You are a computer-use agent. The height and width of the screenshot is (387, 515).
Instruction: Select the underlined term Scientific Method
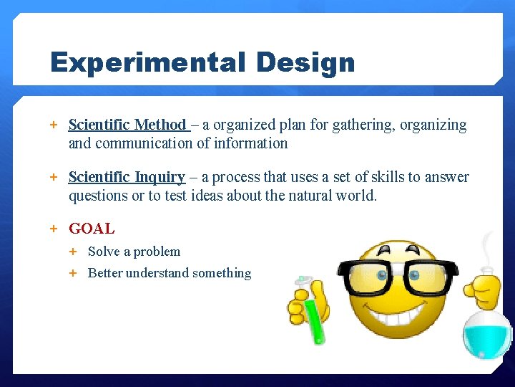127,125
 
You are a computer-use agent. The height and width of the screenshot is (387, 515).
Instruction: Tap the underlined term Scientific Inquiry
127,177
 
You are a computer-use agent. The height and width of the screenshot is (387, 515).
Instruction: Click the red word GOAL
92,229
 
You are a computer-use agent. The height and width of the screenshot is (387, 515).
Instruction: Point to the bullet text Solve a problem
134,252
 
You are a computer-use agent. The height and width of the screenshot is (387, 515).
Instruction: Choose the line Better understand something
170,273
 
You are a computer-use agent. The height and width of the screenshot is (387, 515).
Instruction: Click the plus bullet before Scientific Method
54,125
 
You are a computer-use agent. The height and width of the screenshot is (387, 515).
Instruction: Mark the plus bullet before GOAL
54,229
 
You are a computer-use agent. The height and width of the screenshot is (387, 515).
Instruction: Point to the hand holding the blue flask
481,290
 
